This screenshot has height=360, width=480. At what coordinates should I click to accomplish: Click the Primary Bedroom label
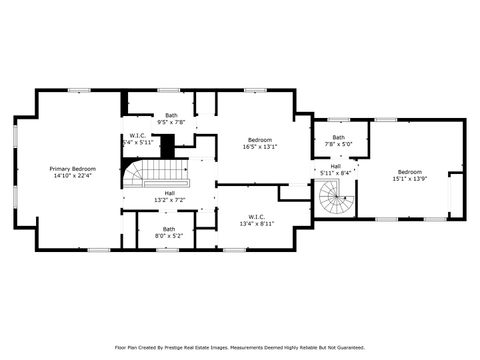pos(72,168)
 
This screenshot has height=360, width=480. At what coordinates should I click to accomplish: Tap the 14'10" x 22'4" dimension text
pos(72,176)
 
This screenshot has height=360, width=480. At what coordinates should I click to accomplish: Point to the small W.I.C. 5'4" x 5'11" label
pos(138,136)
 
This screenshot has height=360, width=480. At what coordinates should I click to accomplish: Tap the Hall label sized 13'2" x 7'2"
pos(170,193)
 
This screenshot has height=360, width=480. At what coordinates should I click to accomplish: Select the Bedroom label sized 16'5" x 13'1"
pos(259,139)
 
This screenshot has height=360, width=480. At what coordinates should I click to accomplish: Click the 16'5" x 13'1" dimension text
pos(259,147)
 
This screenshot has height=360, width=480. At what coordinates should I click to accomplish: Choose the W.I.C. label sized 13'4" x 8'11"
pos(258,216)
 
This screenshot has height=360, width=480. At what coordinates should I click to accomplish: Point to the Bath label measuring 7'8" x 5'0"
pos(339,137)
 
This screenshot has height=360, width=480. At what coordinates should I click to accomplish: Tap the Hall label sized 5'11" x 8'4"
pos(336,166)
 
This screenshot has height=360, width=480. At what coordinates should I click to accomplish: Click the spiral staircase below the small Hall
pos(336,206)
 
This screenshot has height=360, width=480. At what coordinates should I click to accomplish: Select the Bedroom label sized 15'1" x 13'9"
pos(409,171)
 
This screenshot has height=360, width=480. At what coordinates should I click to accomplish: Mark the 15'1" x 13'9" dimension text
pos(409,179)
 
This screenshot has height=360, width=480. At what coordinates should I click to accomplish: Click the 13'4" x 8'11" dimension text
pos(258,224)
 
